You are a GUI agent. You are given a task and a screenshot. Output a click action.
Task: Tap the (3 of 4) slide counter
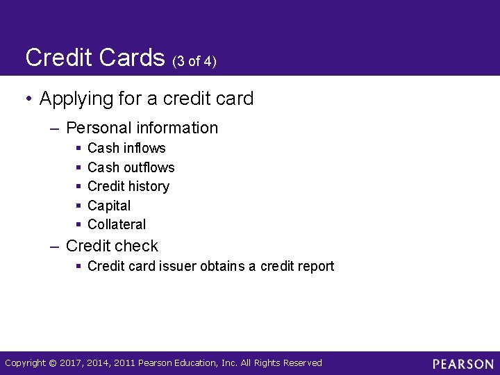(194, 61)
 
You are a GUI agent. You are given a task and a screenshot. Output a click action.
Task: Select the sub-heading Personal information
(142, 128)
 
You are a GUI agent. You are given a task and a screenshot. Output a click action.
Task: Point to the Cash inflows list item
(126, 148)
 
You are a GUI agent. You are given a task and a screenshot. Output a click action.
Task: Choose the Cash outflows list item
(131, 167)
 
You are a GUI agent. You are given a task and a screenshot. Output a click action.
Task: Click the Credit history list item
(128, 186)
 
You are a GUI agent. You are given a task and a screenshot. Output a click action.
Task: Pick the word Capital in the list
(109, 206)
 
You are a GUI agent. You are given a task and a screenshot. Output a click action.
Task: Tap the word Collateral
(117, 224)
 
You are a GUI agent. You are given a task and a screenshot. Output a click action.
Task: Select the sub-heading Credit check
(112, 246)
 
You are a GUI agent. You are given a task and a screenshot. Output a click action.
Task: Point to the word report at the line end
(316, 266)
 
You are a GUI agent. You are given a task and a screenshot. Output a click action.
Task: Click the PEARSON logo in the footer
(462, 364)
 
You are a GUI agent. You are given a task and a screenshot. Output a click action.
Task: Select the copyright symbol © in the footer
(53, 363)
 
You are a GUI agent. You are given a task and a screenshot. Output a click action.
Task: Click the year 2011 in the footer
(124, 363)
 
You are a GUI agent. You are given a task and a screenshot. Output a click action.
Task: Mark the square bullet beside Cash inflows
(79, 148)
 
